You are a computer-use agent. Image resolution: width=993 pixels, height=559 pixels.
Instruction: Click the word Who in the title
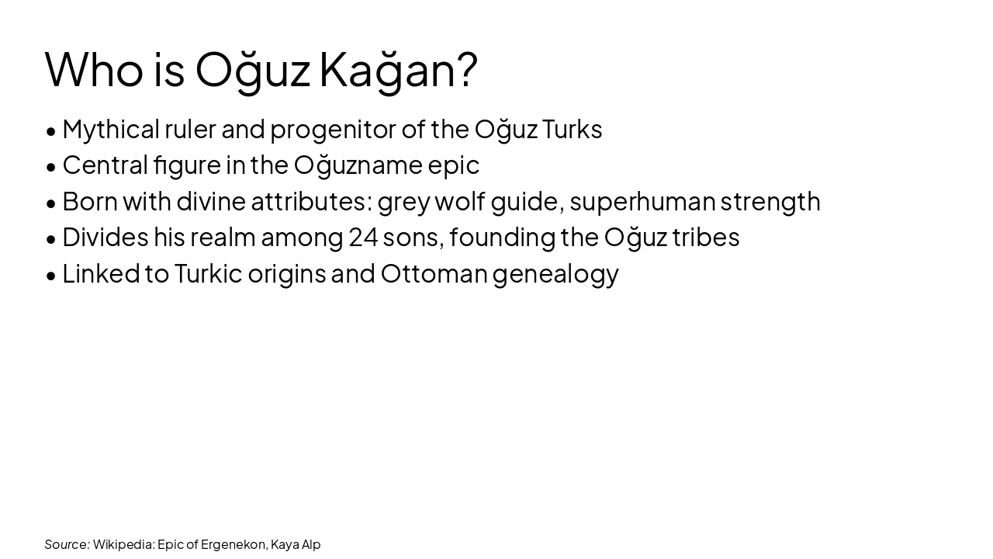point(94,69)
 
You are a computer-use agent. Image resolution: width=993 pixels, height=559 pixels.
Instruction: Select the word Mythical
point(110,130)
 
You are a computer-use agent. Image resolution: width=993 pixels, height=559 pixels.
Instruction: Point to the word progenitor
point(333,130)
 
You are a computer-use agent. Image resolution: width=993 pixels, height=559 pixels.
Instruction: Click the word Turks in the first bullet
point(572,129)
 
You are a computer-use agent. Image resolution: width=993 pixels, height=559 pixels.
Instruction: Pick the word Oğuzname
point(358,165)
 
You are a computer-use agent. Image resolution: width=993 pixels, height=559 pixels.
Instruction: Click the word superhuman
point(642,201)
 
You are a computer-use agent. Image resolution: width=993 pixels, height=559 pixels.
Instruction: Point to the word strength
point(770,201)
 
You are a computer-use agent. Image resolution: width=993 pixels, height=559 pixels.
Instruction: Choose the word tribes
point(706,237)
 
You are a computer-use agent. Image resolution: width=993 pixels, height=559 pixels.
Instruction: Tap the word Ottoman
point(434,273)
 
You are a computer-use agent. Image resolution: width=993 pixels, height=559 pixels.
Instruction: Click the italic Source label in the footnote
point(67,544)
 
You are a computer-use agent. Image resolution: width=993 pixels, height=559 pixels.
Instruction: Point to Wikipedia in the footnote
point(123,544)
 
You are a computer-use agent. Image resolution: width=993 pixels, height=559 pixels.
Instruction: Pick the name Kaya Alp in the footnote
point(296,544)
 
